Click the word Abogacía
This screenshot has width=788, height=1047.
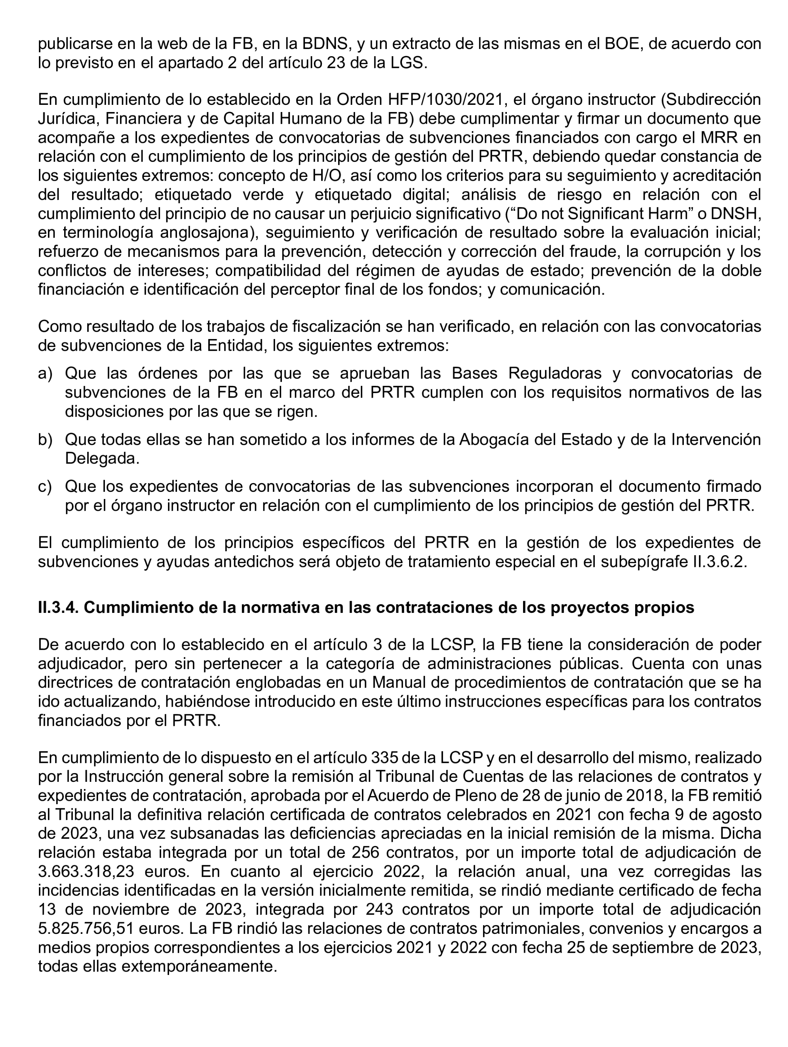(493, 439)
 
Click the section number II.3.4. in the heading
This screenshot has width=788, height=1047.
(58, 607)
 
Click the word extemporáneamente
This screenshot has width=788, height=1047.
(199, 966)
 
